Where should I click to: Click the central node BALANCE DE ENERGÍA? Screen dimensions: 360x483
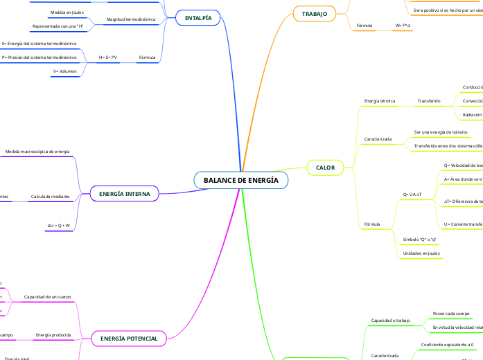241,181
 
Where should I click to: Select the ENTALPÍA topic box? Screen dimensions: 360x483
198,17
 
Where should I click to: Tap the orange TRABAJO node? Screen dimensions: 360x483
315,14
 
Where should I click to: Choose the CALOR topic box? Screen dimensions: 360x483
325,168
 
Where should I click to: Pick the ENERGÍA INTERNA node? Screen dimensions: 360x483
125,194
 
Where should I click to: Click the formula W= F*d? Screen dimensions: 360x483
403,25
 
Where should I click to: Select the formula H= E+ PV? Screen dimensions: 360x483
107,57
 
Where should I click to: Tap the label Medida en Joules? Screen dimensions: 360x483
67,12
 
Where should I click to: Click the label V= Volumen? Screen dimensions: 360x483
64,71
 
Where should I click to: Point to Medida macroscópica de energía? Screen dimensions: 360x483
37,151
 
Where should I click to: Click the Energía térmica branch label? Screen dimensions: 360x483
379,101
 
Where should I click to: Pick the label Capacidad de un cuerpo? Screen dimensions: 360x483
48,296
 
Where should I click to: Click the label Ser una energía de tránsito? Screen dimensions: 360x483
440,132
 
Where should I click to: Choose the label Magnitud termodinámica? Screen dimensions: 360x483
131,19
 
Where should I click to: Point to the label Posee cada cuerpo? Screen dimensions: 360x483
450,314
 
